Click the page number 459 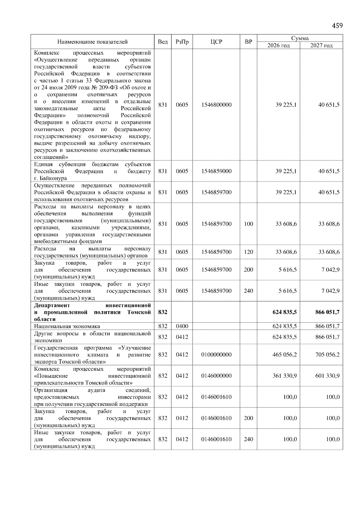click(x=337, y=26)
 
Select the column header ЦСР click(x=216, y=42)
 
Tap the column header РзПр click(x=182, y=42)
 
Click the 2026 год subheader click(x=278, y=46)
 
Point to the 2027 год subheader click(x=321, y=46)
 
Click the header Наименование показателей click(x=92, y=42)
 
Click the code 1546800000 click(x=216, y=105)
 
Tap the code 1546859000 click(x=216, y=171)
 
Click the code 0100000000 click(x=216, y=355)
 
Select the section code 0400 click(x=182, y=326)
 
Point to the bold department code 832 click(x=163, y=312)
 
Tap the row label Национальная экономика click(x=67, y=326)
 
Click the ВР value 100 click(x=248, y=224)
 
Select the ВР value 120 click(x=248, y=252)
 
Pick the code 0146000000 click(x=216, y=376)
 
